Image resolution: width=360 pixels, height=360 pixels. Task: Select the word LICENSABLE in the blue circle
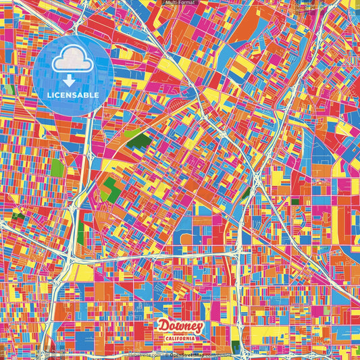click(x=73, y=95)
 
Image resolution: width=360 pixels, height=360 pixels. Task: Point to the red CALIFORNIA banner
click(x=180, y=338)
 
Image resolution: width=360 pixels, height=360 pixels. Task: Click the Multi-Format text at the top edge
click(x=180, y=3)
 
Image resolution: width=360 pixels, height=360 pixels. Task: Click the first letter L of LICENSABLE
click(x=49, y=95)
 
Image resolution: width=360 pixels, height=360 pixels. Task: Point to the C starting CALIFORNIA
click(x=162, y=338)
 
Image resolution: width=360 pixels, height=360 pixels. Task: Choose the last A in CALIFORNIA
click(x=198, y=338)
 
